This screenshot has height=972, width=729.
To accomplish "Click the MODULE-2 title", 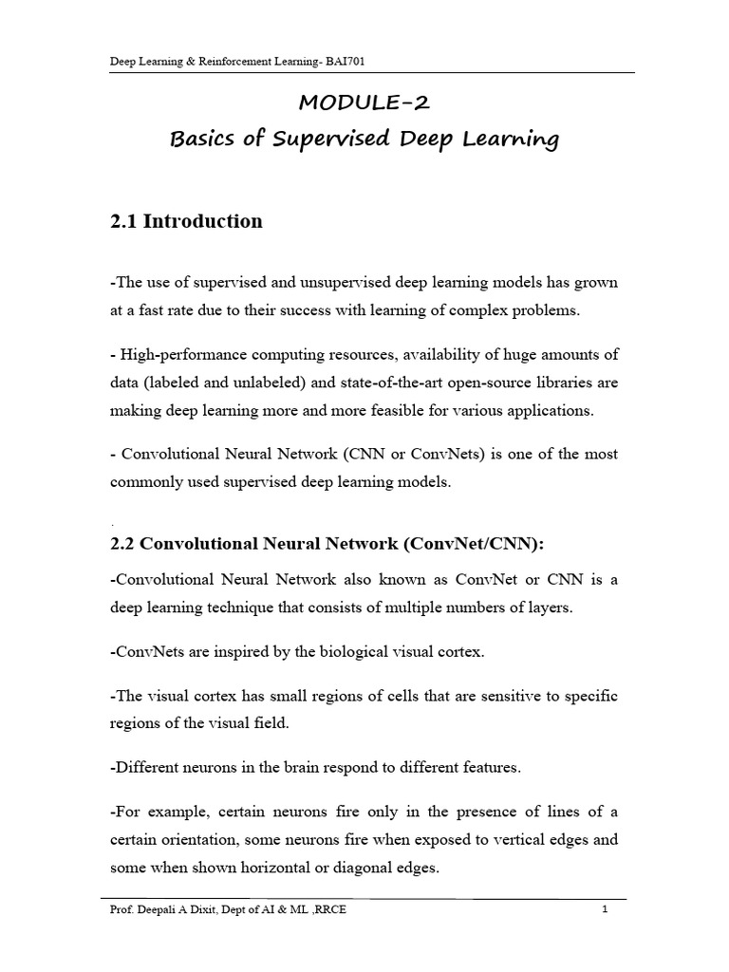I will pyautogui.click(x=364, y=103).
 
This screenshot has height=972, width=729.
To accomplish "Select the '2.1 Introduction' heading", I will pyautogui.click(x=187, y=221).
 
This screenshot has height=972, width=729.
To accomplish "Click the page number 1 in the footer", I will pyautogui.click(x=604, y=911).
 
